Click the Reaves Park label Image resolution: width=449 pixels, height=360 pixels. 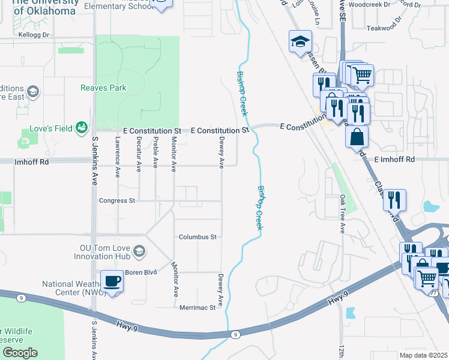(x=103, y=88)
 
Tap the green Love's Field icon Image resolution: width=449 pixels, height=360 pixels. (x=81, y=127)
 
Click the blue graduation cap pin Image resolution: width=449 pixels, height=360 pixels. (x=300, y=41)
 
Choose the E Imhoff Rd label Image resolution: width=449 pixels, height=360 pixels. (x=394, y=160)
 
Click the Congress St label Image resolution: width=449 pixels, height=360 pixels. (x=118, y=201)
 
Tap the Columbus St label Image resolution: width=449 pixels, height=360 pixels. (x=197, y=237)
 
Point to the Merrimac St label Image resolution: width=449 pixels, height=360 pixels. (x=197, y=308)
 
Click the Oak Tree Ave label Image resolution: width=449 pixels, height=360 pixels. (x=343, y=213)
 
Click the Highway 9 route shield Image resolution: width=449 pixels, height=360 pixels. (x=235, y=334)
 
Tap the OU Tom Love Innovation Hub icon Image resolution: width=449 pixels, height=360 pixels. (x=139, y=250)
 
